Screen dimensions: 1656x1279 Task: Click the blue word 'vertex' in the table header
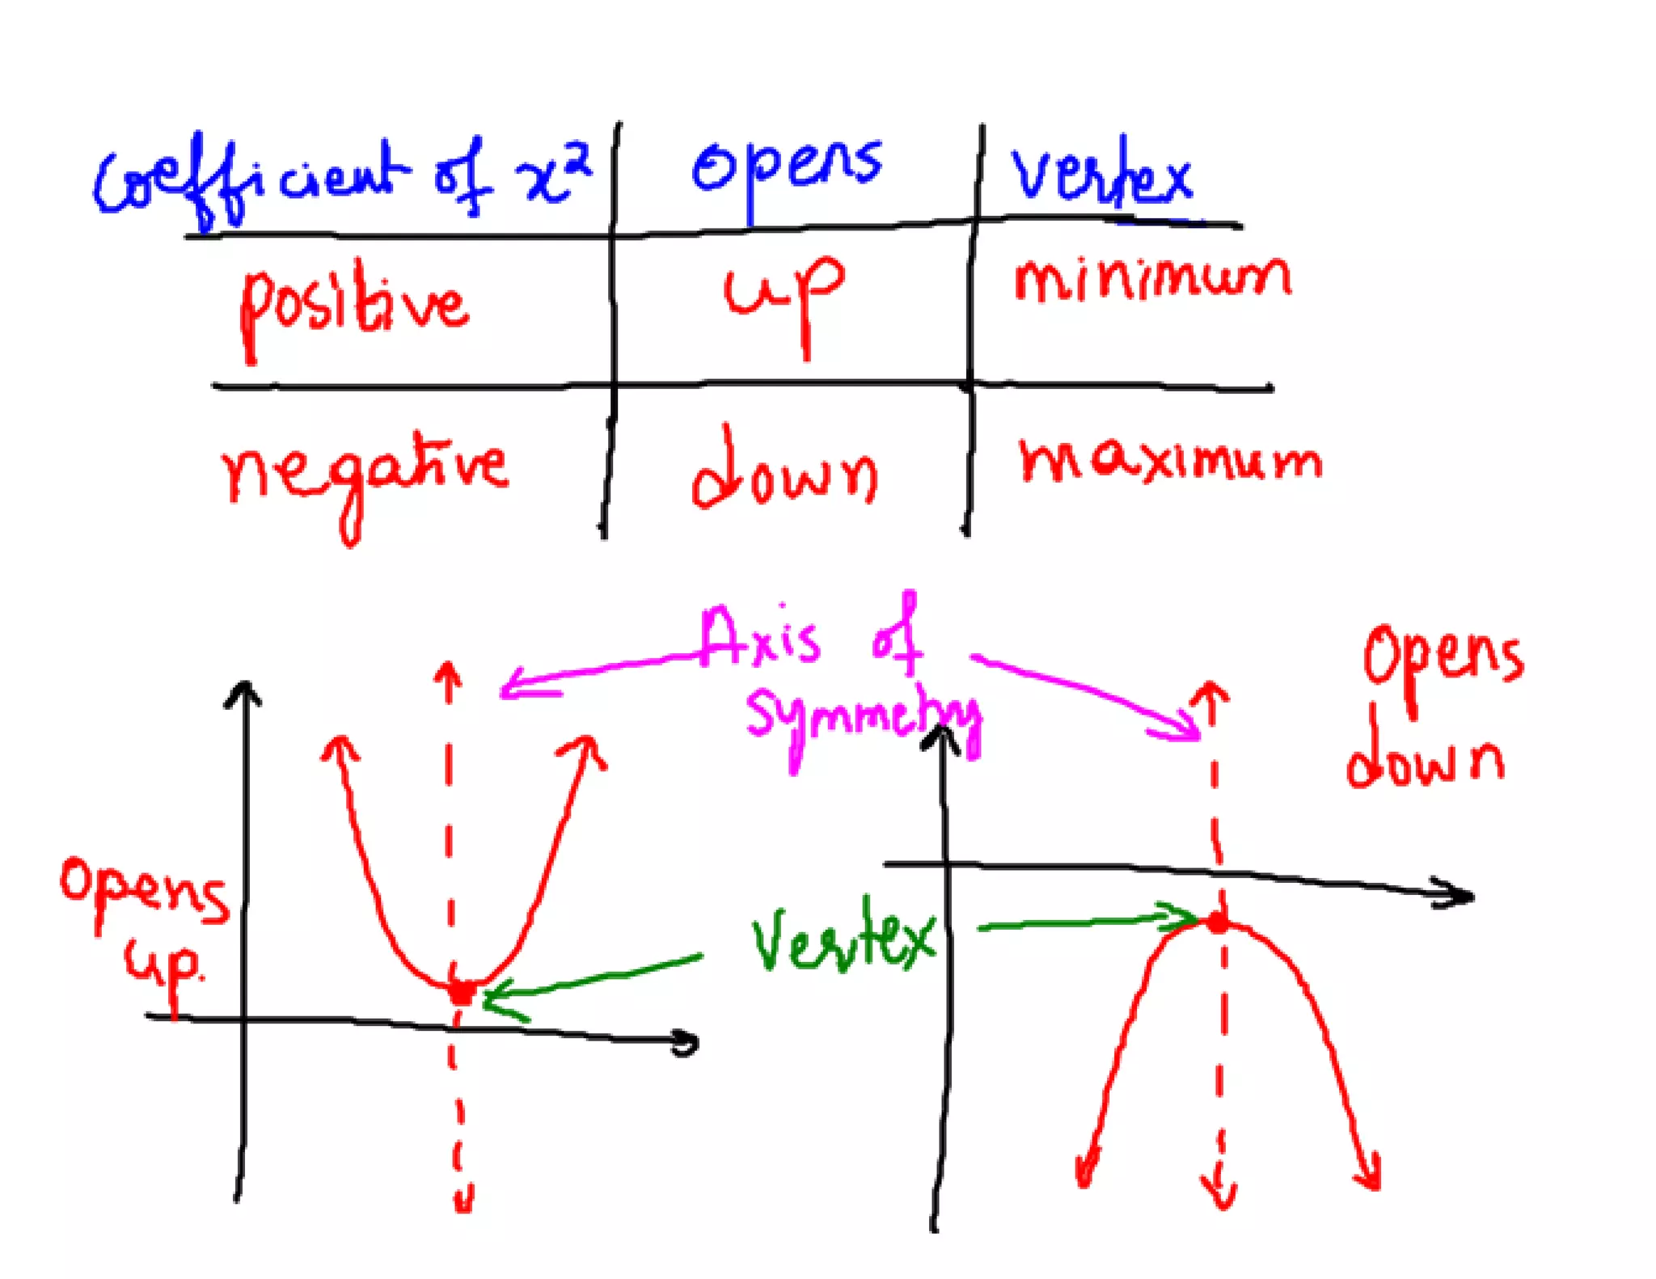click(x=1101, y=176)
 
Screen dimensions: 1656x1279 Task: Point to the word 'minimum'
click(x=1152, y=279)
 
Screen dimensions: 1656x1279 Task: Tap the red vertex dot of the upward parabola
click(x=462, y=991)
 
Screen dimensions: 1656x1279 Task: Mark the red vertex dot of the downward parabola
click(x=1217, y=922)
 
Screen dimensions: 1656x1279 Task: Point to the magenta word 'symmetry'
click(x=861, y=720)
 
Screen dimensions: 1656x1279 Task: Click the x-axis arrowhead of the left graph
click(x=687, y=1044)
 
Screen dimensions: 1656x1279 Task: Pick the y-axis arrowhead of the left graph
click(x=243, y=694)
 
